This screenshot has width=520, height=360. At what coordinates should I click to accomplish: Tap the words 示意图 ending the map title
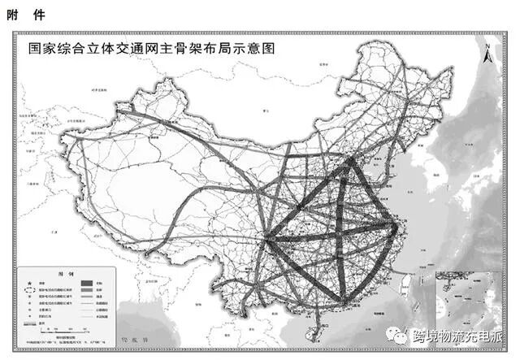(x=259, y=48)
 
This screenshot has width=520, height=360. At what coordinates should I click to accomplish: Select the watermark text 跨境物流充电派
(x=458, y=335)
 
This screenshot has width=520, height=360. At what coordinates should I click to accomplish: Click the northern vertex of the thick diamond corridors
(x=351, y=161)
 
